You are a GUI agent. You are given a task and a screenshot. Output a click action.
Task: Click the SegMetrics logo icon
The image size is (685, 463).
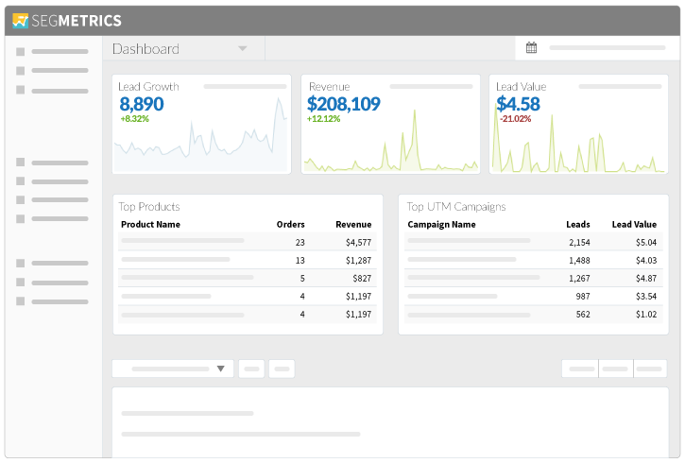[x=21, y=20]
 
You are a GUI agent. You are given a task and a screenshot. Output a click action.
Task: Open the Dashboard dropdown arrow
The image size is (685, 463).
[x=243, y=48]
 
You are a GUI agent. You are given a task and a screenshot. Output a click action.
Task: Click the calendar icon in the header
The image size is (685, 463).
[x=531, y=48]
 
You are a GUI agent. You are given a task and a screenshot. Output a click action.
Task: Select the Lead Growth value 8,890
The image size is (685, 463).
[x=142, y=104]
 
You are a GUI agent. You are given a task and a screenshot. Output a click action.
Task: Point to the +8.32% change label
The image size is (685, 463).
[x=134, y=119]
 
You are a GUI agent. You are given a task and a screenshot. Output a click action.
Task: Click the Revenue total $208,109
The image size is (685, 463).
[x=344, y=104]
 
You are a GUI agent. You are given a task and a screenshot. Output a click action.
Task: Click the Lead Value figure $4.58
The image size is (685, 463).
[x=518, y=104]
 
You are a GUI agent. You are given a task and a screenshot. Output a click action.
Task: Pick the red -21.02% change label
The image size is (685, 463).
[x=515, y=119]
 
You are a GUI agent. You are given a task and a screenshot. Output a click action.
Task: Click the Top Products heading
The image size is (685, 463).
[x=149, y=206]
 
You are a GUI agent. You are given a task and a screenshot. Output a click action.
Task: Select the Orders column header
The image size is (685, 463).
[x=290, y=225]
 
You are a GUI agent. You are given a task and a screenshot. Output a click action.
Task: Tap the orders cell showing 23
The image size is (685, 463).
[x=300, y=242]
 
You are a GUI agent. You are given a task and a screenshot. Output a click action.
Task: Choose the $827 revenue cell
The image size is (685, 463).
[x=362, y=278]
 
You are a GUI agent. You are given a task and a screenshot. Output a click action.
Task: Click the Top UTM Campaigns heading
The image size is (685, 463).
[x=456, y=206]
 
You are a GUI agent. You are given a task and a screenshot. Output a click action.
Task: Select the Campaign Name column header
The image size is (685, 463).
[x=441, y=225]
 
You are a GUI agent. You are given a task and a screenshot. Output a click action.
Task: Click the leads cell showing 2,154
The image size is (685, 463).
[x=579, y=242]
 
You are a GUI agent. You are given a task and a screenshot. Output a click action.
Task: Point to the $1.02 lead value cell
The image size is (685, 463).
[x=646, y=314]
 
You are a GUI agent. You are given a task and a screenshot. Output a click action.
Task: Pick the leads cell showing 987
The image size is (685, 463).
[x=583, y=296]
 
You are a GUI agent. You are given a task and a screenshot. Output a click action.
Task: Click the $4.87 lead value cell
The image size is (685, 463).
[x=646, y=278]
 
